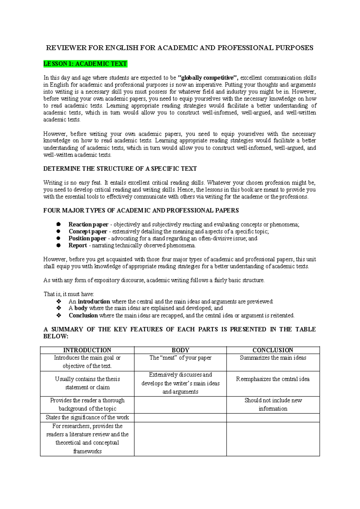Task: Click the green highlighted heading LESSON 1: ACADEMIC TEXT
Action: pyautogui.click(x=85, y=64)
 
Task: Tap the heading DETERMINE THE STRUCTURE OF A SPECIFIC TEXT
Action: pyautogui.click(x=120, y=169)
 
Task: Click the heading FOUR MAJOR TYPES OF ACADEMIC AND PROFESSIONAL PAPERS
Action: pyautogui.click(x=141, y=210)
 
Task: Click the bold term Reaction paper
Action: pyautogui.click(x=88, y=224)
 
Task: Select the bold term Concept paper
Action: pyautogui.click(x=88, y=231)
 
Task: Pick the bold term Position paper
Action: pyautogui.click(x=87, y=238)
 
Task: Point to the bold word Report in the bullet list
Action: pyautogui.click(x=78, y=245)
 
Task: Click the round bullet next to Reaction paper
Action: pyautogui.click(x=58, y=224)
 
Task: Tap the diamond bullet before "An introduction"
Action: pyautogui.click(x=59, y=301)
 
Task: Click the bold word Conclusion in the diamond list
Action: pyautogui.click(x=83, y=315)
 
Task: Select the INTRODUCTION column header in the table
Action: pyautogui.click(x=87, y=350)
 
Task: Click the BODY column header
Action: pyautogui.click(x=180, y=350)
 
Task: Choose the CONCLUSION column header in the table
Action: pyautogui.click(x=273, y=350)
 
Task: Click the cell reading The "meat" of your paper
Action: pyautogui.click(x=180, y=358)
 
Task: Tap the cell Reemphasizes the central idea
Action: pyautogui.click(x=273, y=379)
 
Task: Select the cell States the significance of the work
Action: pyautogui.click(x=87, y=417)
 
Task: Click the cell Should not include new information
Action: pyautogui.click(x=273, y=404)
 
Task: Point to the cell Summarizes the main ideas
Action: pyautogui.click(x=273, y=358)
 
